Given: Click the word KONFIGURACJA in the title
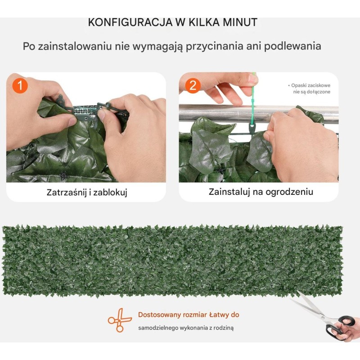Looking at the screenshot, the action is [130, 22].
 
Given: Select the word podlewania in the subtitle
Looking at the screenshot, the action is [292, 46].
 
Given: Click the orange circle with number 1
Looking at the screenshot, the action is [20, 85].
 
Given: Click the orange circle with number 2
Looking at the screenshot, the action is [193, 85].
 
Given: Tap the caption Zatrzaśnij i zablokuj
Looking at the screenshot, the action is [87, 193].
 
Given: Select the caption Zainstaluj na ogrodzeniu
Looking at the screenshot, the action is [261, 192].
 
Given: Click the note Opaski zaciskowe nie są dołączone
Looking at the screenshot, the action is [309, 89].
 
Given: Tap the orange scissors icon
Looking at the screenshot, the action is [120, 320].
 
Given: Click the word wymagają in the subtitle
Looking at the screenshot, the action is [158, 47].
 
